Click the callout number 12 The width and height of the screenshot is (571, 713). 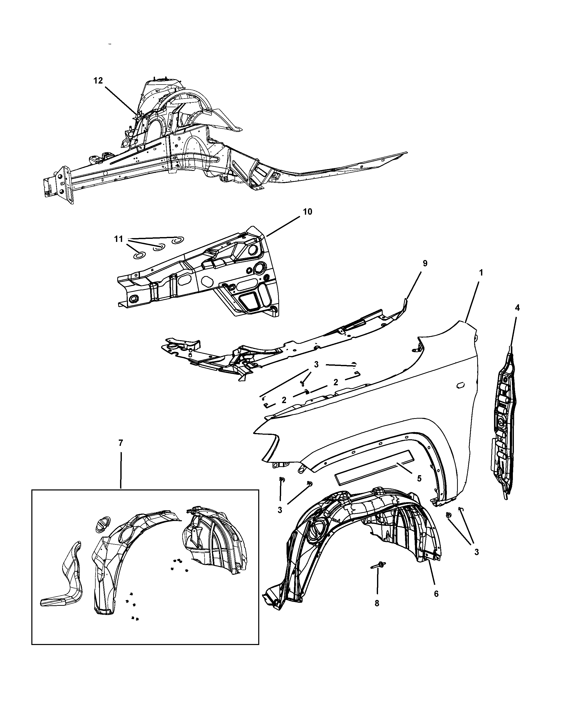98,81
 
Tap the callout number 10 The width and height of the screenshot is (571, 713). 307,212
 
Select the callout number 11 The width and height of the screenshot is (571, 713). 119,239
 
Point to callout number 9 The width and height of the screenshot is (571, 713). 425,264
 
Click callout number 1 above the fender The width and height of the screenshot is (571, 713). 481,273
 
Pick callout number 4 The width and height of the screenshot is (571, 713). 517,308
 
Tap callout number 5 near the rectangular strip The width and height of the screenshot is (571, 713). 419,478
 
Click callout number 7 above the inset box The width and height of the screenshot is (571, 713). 121,443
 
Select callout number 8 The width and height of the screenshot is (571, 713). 377,603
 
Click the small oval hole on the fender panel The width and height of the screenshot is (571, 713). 460,386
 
